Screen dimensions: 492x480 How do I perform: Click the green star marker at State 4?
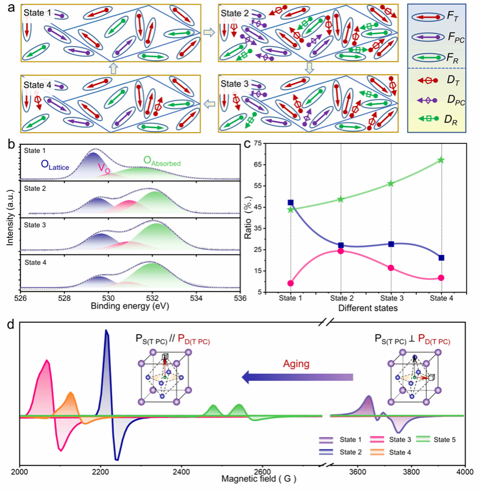point(441,160)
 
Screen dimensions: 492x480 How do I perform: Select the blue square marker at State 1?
point(291,203)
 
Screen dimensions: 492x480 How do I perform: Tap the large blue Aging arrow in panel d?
point(297,378)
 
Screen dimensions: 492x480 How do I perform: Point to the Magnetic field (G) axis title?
point(242,478)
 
